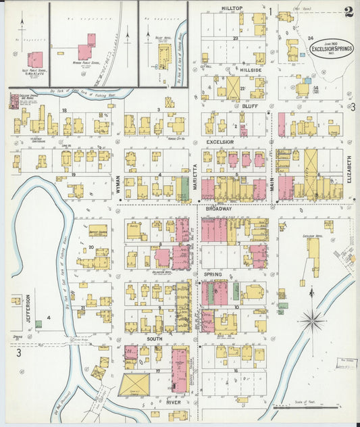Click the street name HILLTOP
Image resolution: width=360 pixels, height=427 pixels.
pos(232,8)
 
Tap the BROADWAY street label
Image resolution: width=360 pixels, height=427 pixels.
pos(218,209)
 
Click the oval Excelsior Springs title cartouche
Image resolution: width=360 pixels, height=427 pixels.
pos(332,48)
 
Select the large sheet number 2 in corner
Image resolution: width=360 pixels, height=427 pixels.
pos(348,11)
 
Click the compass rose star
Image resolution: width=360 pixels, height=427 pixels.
pos(311,320)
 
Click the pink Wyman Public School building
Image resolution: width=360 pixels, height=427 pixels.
pos(86,51)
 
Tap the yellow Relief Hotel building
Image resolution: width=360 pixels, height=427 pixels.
pos(163,55)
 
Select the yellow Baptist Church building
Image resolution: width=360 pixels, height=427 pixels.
pos(98,230)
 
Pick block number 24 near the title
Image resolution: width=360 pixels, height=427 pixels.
pos(310,39)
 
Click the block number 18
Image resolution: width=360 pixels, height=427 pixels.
pos(65,109)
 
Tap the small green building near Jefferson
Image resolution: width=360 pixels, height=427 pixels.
pos(38,324)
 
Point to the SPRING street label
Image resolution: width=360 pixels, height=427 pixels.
pos(213,274)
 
